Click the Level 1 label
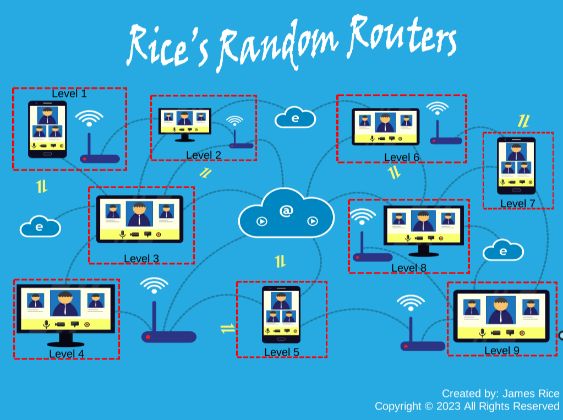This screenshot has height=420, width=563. (69, 94)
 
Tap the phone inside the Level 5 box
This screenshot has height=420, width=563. (281, 314)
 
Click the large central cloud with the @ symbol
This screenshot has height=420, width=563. (286, 214)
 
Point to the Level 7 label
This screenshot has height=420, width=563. (517, 204)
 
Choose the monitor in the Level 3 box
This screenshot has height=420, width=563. (140, 219)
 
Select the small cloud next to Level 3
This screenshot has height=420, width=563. (40, 226)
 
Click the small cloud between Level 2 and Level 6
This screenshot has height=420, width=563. (296, 117)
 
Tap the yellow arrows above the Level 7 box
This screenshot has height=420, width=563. (523, 121)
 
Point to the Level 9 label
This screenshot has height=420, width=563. (501, 350)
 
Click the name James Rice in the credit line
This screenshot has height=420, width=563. (531, 394)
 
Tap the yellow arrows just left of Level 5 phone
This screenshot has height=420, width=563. (227, 329)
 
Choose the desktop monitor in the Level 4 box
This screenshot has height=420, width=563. (66, 311)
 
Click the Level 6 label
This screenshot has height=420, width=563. (401, 157)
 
